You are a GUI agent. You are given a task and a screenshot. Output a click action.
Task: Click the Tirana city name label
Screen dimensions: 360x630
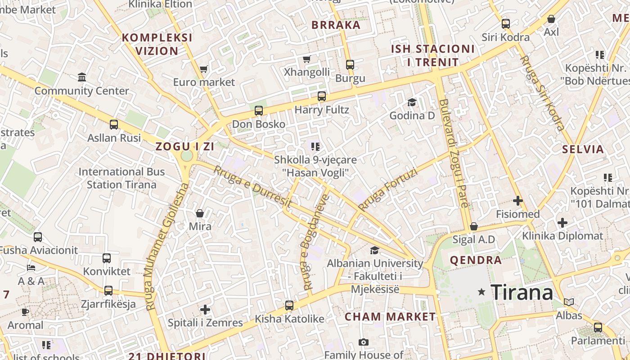click(x=522, y=292)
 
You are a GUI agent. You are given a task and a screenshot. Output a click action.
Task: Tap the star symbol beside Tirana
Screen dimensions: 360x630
click(x=481, y=292)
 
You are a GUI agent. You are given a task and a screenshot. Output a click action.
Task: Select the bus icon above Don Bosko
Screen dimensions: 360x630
click(x=259, y=110)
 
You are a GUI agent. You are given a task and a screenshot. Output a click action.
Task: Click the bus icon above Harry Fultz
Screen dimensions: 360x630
click(x=321, y=96)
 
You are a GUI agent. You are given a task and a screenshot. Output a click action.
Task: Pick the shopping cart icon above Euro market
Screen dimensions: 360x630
click(x=203, y=69)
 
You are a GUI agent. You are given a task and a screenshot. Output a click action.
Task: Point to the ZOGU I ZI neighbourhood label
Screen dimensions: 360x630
click(x=184, y=146)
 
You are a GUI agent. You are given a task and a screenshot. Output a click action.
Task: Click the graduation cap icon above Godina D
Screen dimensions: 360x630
click(x=412, y=102)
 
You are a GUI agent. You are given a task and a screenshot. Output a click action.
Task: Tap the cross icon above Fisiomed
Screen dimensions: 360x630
click(x=517, y=200)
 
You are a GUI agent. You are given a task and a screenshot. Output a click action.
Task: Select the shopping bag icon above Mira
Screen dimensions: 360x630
click(x=200, y=213)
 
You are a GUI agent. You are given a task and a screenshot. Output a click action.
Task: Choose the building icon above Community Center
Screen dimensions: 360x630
click(x=82, y=77)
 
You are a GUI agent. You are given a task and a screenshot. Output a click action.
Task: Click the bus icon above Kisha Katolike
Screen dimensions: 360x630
click(x=289, y=306)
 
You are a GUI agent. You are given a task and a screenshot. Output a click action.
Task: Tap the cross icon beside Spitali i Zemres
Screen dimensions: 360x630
click(x=205, y=310)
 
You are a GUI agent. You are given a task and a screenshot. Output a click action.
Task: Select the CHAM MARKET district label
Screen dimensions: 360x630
click(x=390, y=317)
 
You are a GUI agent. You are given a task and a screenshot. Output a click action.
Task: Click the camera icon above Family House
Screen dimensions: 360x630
click(x=364, y=342)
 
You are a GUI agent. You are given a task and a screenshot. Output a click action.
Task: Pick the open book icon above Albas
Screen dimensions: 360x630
click(x=569, y=302)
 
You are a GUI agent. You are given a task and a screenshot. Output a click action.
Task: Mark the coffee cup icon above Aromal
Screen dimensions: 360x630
click(x=26, y=312)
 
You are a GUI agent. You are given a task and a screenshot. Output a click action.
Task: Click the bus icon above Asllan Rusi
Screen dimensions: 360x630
click(x=114, y=125)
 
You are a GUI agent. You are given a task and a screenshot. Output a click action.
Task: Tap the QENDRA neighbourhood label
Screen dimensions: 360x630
click(x=476, y=260)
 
